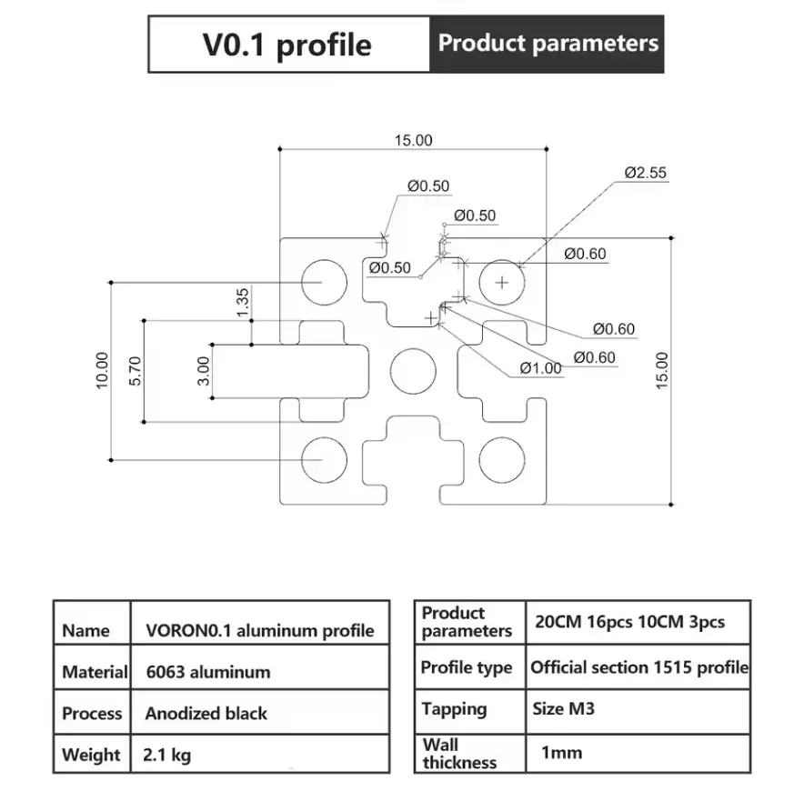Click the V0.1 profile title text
287,44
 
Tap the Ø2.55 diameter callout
646,171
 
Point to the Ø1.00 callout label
541,368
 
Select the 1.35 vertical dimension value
242,302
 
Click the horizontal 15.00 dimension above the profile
413,140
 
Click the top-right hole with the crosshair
502,282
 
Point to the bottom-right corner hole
502,459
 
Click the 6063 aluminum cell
208,673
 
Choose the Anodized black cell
206,714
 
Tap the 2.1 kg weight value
167,755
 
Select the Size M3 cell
564,708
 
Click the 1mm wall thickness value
561,752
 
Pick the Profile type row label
467,668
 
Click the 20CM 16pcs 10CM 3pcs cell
629,623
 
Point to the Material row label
94,673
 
